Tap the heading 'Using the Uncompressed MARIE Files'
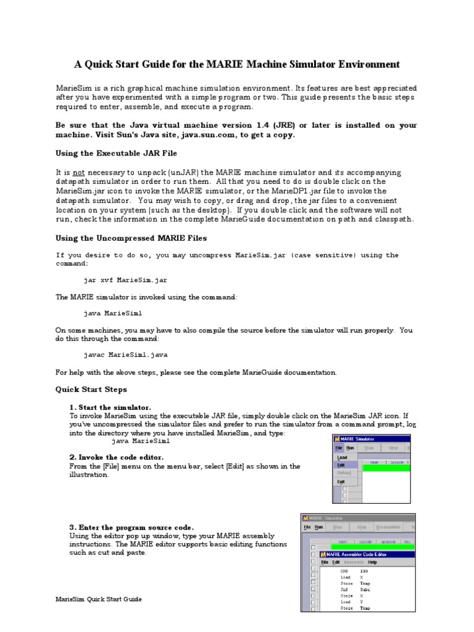131,238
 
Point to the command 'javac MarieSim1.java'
125,355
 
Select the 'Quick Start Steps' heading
91,389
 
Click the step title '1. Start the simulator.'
110,407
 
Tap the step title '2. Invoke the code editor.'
117,457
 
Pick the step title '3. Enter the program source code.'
131,527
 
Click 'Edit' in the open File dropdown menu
341,465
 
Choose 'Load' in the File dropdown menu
342,457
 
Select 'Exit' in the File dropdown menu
341,481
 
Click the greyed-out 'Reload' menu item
343,473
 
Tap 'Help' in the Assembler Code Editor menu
372,562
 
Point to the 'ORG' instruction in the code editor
345,572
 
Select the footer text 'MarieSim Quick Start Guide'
99,599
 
